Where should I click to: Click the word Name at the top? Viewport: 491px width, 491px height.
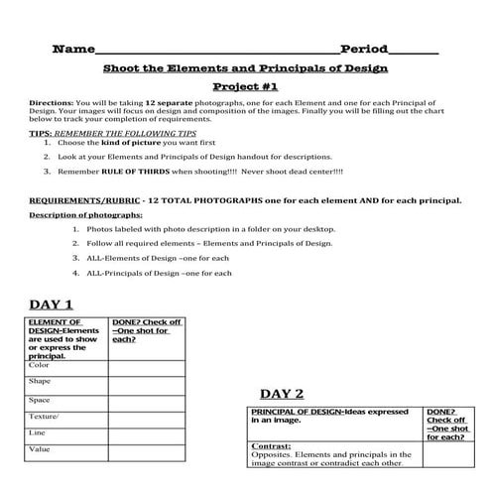click(x=72, y=49)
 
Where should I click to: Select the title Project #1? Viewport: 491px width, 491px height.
click(x=245, y=86)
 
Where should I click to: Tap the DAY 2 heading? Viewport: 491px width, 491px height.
click(x=283, y=393)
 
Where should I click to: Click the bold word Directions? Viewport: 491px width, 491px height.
click(x=51, y=103)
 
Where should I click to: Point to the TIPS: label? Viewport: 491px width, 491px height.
click(x=40, y=132)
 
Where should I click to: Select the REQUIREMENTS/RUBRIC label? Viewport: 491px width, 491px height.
click(x=88, y=199)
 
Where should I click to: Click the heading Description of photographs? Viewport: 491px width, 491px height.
click(x=85, y=214)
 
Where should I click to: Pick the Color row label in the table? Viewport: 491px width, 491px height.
click(x=40, y=365)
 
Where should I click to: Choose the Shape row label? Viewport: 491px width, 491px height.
click(x=41, y=381)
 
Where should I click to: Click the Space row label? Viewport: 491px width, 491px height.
click(x=40, y=400)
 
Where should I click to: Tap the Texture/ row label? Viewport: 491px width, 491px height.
click(x=45, y=417)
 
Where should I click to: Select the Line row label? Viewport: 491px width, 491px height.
click(x=38, y=433)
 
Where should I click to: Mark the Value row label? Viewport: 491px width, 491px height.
click(x=40, y=449)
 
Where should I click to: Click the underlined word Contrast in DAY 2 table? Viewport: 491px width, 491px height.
click(x=271, y=446)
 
